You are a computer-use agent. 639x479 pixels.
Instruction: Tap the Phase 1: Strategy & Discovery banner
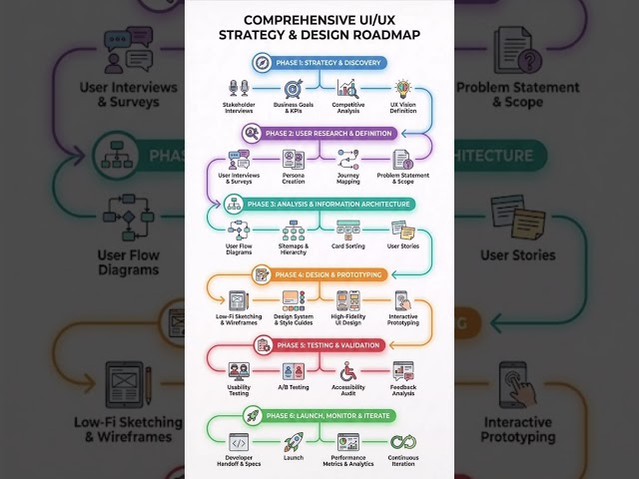(319, 63)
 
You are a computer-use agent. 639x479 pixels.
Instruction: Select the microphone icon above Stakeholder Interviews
(239, 89)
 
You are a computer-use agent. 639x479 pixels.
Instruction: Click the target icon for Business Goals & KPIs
(294, 89)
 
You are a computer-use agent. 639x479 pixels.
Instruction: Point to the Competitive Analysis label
(347, 113)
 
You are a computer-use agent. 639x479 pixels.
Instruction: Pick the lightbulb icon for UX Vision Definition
(402, 89)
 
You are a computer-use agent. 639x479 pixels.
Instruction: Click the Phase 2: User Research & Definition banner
(319, 132)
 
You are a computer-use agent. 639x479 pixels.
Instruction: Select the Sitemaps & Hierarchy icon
(294, 231)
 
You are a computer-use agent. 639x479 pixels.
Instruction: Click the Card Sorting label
(347, 245)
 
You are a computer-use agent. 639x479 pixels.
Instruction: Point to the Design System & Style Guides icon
(294, 299)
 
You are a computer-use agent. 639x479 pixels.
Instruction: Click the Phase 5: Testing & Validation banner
(319, 345)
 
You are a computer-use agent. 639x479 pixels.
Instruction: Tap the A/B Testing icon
(294, 371)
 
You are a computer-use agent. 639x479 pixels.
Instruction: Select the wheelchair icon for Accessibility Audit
(347, 371)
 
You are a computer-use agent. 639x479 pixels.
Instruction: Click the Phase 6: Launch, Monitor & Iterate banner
(319, 415)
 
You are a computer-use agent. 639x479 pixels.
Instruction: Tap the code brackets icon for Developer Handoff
(239, 442)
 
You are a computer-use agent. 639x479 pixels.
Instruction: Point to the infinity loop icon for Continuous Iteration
(402, 442)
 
